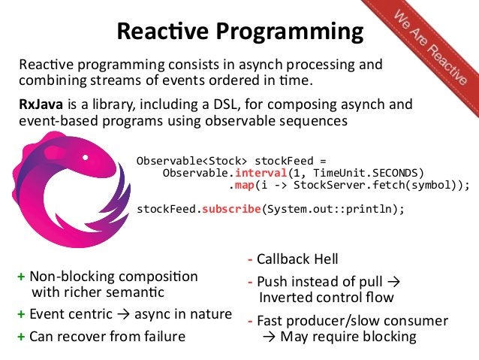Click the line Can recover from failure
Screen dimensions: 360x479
point(107,336)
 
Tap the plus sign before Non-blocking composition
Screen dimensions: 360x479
point(21,277)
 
